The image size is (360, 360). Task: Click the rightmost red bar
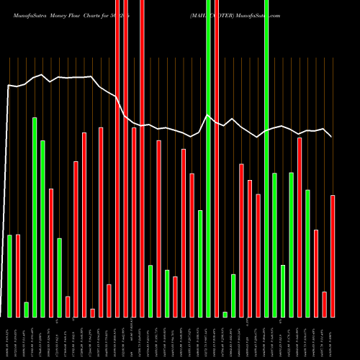tap(333, 256)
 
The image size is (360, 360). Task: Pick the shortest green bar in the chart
tap(225, 314)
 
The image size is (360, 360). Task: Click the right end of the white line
tap(332, 136)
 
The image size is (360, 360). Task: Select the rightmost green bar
tap(307, 253)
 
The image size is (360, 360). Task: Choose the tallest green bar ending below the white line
tap(35, 217)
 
